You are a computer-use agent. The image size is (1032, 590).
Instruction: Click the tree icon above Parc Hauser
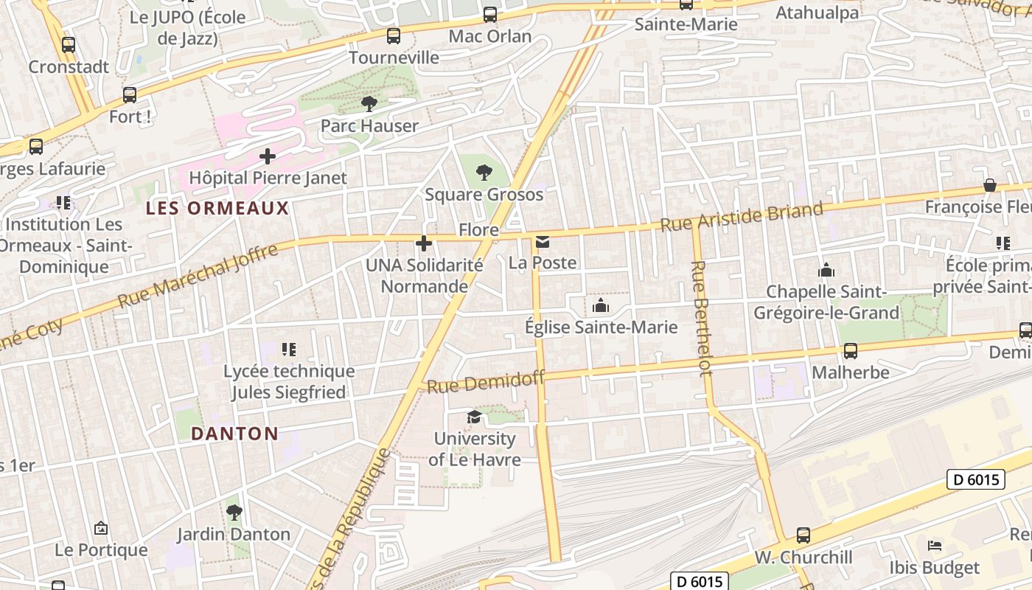(x=369, y=104)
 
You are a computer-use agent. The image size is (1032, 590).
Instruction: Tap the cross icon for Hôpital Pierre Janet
(x=268, y=156)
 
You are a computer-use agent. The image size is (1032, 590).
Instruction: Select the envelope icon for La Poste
(x=543, y=241)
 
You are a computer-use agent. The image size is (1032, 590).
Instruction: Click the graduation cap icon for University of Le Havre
(x=474, y=417)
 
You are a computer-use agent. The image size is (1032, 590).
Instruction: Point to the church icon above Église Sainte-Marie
(x=600, y=305)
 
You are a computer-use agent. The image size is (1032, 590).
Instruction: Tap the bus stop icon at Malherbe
(x=850, y=351)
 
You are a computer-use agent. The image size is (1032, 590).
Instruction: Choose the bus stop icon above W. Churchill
(x=803, y=535)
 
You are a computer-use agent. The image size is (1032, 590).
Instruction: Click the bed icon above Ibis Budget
(x=935, y=546)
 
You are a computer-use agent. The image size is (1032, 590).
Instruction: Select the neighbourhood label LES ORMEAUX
(x=217, y=208)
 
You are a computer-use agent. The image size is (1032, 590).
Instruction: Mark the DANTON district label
(x=234, y=434)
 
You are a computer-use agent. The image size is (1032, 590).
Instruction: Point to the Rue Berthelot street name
(x=702, y=317)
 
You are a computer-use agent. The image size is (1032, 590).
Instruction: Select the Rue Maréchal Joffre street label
(x=198, y=276)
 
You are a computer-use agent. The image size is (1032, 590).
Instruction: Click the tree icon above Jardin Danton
(x=234, y=512)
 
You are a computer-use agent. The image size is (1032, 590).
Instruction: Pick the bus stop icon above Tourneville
(x=394, y=35)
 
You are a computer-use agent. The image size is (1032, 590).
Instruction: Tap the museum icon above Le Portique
(x=101, y=528)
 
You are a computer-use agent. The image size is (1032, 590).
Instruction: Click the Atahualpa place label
(x=817, y=13)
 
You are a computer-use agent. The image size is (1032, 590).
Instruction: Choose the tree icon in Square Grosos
(x=484, y=173)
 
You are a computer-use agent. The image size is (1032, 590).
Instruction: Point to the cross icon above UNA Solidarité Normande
(x=424, y=243)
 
